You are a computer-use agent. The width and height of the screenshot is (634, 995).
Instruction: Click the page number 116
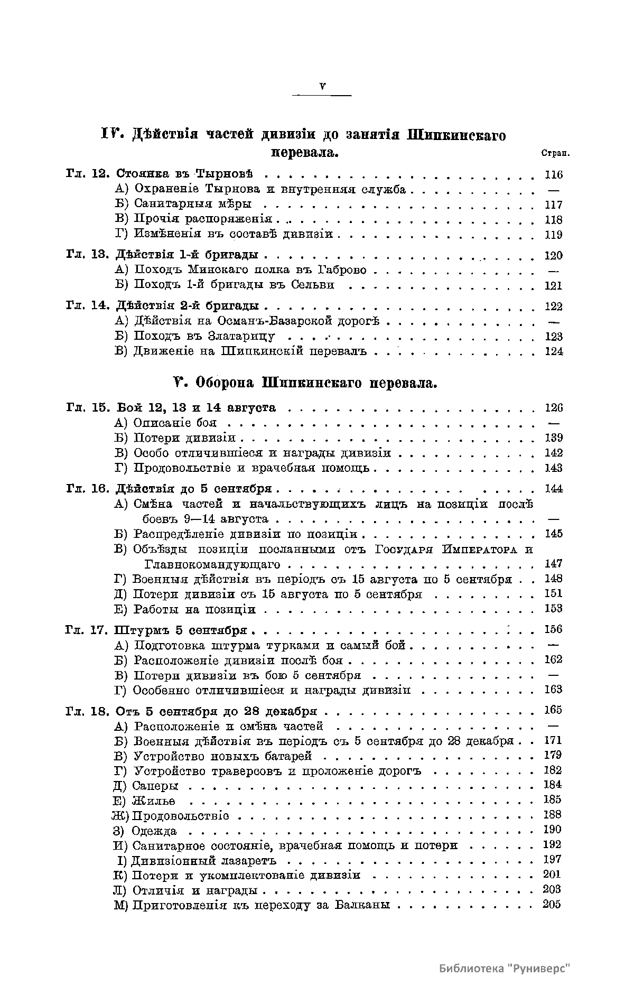tap(553, 175)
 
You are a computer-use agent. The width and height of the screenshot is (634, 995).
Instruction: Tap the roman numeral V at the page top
tap(322, 87)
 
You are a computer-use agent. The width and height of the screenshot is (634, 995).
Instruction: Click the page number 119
tap(553, 235)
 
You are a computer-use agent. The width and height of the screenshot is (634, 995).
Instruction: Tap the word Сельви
tap(313, 285)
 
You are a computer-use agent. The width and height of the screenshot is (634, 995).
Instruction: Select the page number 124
tap(553, 351)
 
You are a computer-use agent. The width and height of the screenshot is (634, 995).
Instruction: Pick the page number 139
tap(553, 438)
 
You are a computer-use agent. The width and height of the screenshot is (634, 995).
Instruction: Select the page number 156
tap(553, 629)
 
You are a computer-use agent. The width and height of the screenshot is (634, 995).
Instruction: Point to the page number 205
tap(552, 904)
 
